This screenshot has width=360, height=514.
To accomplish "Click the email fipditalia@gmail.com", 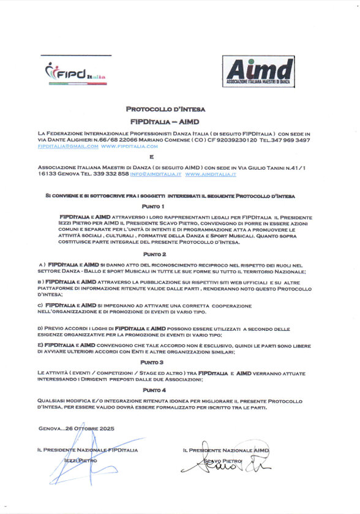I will [67, 147].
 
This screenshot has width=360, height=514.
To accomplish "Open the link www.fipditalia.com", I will [129, 147].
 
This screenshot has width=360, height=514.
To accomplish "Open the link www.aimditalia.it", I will [211, 175].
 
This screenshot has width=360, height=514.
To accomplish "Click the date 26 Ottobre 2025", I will [90, 429].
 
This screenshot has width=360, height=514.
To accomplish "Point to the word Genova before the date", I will [50, 429].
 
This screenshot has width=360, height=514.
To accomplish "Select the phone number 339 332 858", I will [110, 175].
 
